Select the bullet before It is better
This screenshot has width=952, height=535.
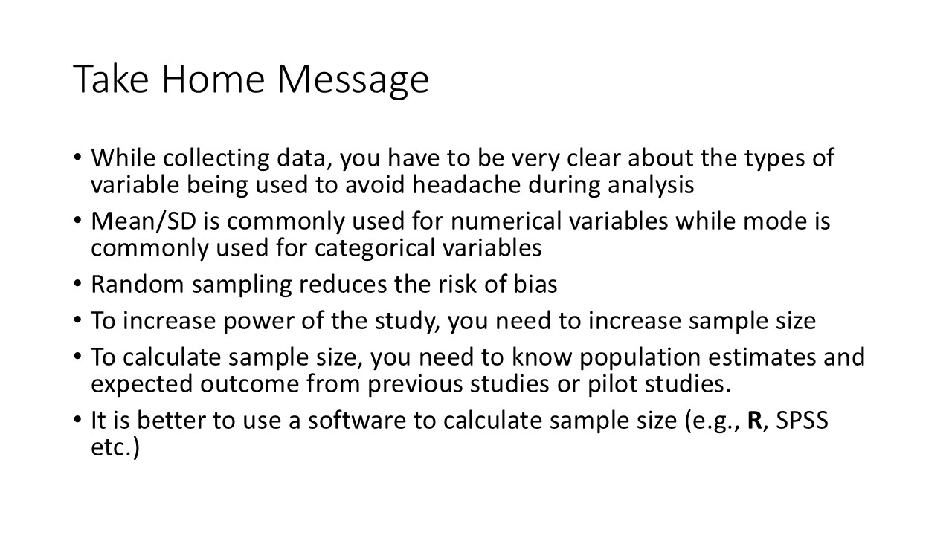(x=79, y=421)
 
